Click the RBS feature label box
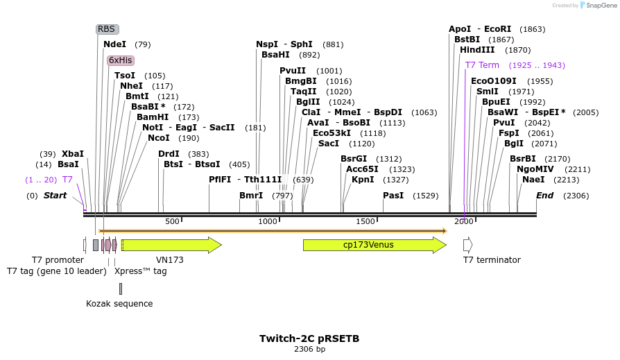pyautogui.click(x=107, y=29)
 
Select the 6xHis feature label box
pyautogui.click(x=120, y=60)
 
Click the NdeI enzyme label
pyautogui.click(x=115, y=44)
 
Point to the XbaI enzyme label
pyautogui.click(x=73, y=154)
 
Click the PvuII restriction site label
pyautogui.click(x=293, y=71)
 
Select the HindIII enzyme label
pyautogui.click(x=477, y=50)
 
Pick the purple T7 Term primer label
pyautogui.click(x=482, y=65)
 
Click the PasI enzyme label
pyautogui.click(x=393, y=196)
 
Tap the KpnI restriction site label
pyautogui.click(x=363, y=180)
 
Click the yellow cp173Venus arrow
pyautogui.click(x=374, y=245)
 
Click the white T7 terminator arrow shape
pyautogui.click(x=467, y=245)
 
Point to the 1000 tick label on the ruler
pyautogui.click(x=268, y=221)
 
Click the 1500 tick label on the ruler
pyautogui.click(x=365, y=221)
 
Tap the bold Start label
pyautogui.click(x=55, y=196)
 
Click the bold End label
pyautogui.click(x=544, y=196)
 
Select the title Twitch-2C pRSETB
pyautogui.click(x=309, y=338)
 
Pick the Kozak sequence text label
pyautogui.click(x=119, y=304)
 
